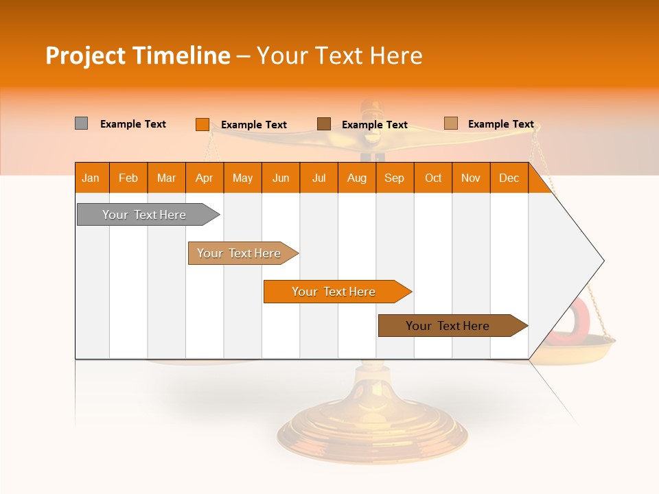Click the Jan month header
click(91, 178)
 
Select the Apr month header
click(205, 178)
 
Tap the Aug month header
click(357, 178)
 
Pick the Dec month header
click(509, 178)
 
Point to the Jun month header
click(281, 178)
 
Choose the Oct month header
click(433, 178)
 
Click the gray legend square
click(81, 123)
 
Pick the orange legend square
click(202, 124)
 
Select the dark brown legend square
click(323, 123)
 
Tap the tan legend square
click(450, 123)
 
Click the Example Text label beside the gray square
click(133, 124)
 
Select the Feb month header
click(128, 178)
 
